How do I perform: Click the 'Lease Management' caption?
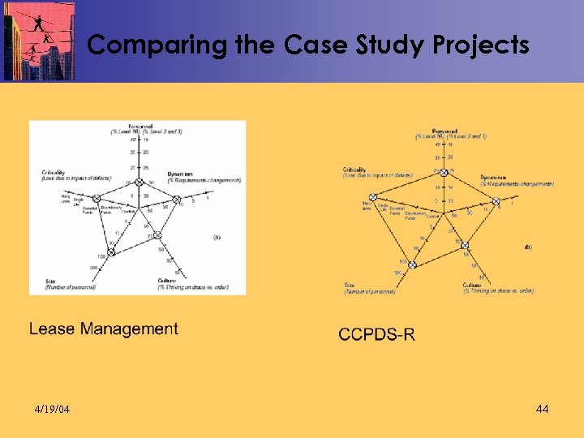click(x=104, y=328)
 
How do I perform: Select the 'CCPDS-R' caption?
click(x=376, y=333)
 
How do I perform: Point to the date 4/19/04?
click(x=53, y=409)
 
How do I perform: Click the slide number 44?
click(x=543, y=409)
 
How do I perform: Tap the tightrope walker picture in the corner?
click(x=39, y=41)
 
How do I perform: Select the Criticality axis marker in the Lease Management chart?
click(x=96, y=199)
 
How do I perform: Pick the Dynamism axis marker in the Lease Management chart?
click(x=175, y=200)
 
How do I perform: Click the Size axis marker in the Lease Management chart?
click(x=111, y=252)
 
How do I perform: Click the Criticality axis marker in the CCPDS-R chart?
click(x=373, y=197)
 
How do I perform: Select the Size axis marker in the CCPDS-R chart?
click(x=412, y=264)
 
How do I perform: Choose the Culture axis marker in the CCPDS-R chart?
click(x=465, y=245)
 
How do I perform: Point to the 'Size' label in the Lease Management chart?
click(x=51, y=280)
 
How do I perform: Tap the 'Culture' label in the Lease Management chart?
click(x=169, y=280)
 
